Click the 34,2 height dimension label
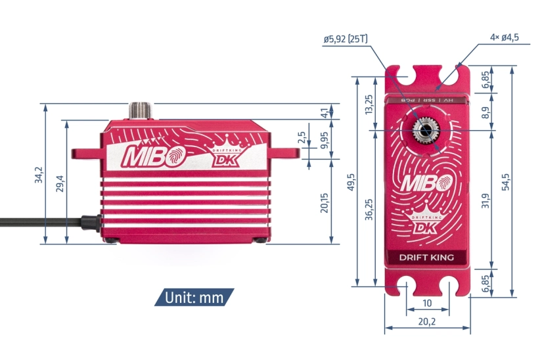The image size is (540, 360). click(x=39, y=175)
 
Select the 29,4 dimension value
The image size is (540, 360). click(x=60, y=183)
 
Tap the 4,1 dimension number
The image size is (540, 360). click(x=323, y=112)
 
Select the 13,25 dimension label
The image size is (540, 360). click(x=369, y=104)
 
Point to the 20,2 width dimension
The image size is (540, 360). click(x=427, y=322)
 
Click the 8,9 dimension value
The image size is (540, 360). click(x=484, y=112)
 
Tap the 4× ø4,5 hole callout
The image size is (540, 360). click(x=505, y=37)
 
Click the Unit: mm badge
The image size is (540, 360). click(x=194, y=298)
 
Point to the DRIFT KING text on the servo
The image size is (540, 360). click(x=426, y=257)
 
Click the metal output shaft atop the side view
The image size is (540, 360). click(x=141, y=111)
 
